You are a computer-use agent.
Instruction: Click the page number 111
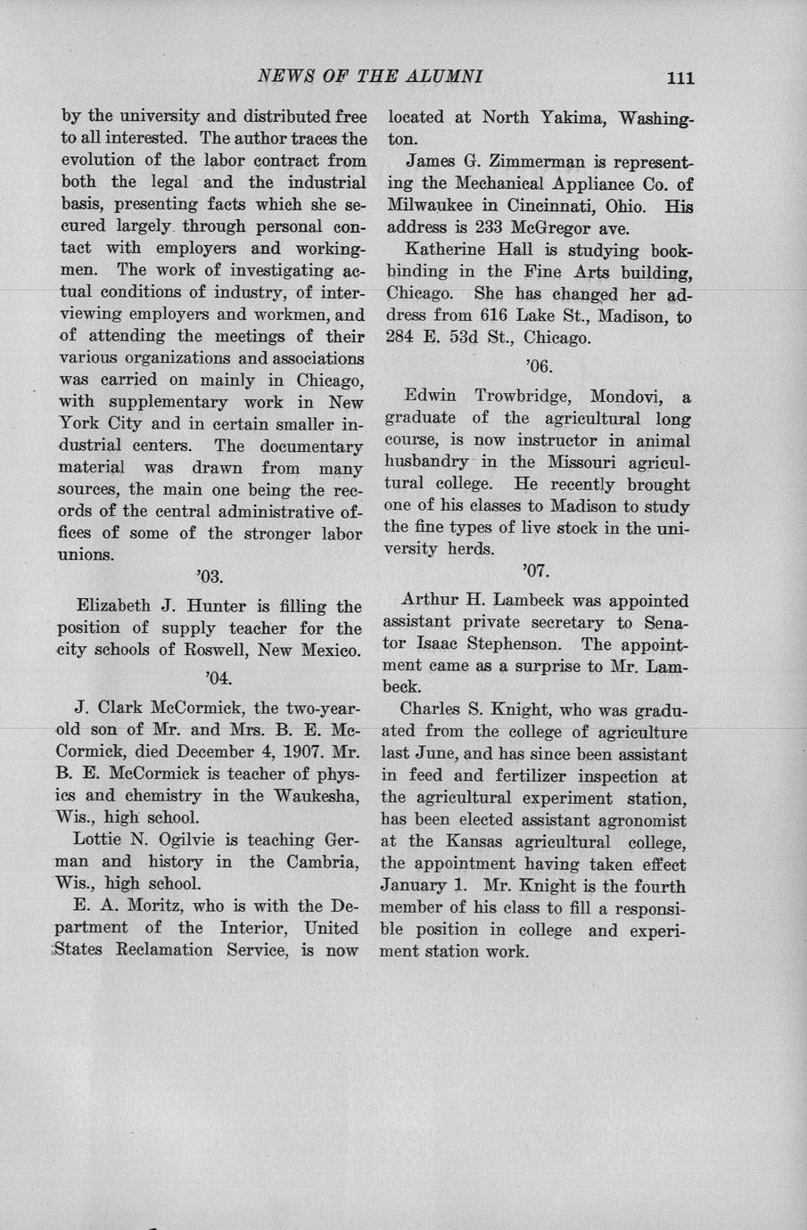click(679, 78)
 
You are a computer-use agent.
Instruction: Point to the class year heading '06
click(539, 365)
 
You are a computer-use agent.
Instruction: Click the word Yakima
click(564, 118)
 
